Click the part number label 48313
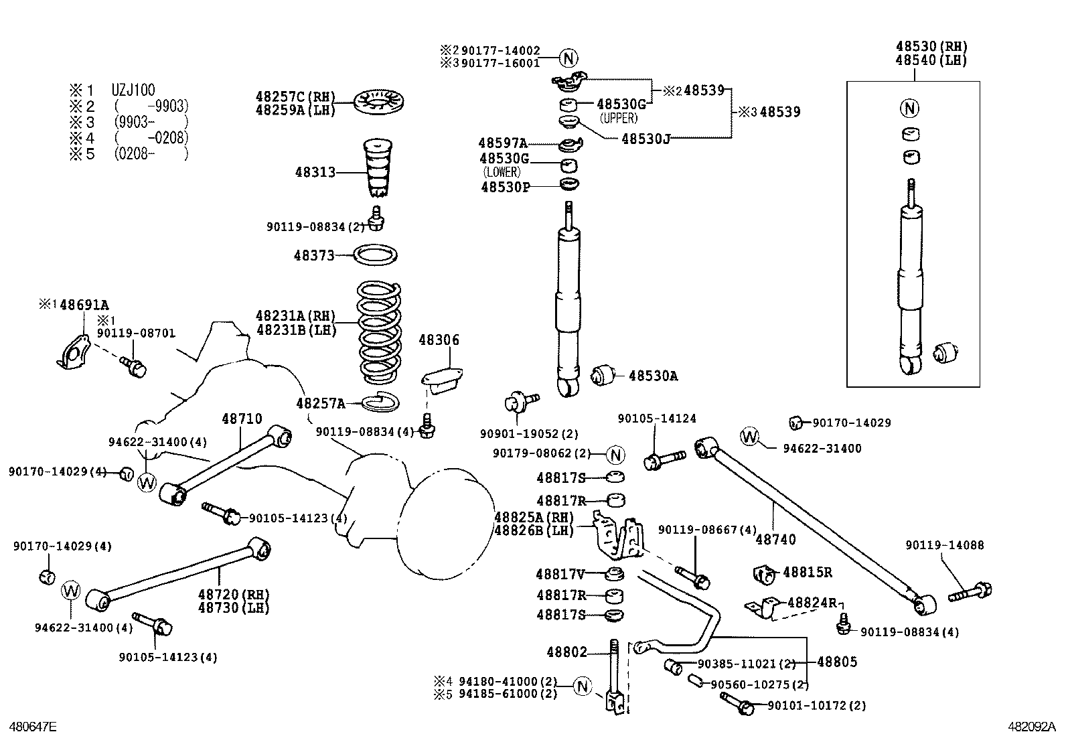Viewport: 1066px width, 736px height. [315, 172]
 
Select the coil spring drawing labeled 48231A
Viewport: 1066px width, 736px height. [379, 332]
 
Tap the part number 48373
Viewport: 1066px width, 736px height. [313, 255]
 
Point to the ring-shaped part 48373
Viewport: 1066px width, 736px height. [375, 255]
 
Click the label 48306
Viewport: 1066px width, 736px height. [439, 340]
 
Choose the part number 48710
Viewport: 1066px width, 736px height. [242, 419]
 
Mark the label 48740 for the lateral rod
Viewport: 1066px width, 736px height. [776, 539]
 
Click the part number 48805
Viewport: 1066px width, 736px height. [837, 662]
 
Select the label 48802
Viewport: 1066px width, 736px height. [566, 652]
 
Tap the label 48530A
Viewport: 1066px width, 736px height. [653, 376]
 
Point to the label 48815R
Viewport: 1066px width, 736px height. [808, 573]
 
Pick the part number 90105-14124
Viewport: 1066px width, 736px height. [657, 419]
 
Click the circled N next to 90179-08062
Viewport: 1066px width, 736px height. [615, 455]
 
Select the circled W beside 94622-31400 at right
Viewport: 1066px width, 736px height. [750, 437]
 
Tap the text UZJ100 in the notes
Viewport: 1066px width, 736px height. [133, 90]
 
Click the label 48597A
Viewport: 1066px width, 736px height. [502, 143]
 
